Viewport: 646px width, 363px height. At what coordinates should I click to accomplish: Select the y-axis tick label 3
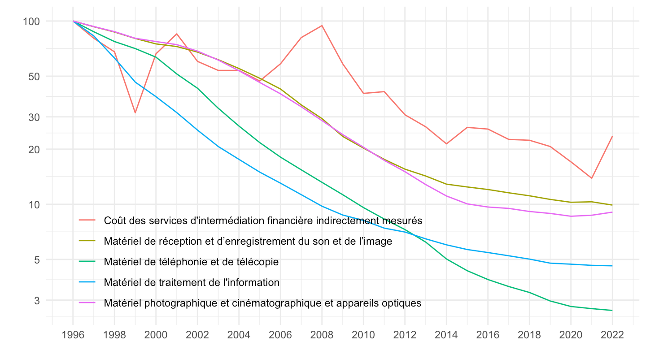37,301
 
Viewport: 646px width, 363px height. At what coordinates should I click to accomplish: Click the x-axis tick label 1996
73,335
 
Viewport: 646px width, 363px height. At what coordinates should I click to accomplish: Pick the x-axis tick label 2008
322,335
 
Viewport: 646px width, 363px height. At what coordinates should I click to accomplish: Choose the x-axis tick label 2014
446,335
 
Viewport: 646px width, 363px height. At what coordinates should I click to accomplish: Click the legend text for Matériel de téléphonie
191,262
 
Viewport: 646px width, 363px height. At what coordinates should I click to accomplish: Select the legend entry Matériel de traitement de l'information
192,282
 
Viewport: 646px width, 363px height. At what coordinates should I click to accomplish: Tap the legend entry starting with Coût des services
263,220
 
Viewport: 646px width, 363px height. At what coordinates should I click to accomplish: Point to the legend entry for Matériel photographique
262,303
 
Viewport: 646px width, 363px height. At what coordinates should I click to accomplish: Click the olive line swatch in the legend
87,241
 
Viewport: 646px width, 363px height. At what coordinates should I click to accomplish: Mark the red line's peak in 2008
322,26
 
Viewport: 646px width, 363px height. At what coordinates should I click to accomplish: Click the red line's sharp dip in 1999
135,112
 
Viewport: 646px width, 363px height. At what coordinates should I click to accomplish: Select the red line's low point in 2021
592,178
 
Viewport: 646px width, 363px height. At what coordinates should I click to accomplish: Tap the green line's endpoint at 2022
612,310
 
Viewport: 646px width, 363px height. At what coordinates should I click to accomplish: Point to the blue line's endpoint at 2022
612,266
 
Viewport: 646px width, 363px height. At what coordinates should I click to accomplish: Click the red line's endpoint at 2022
612,136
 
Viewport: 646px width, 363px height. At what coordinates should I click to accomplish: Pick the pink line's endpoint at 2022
612,212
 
